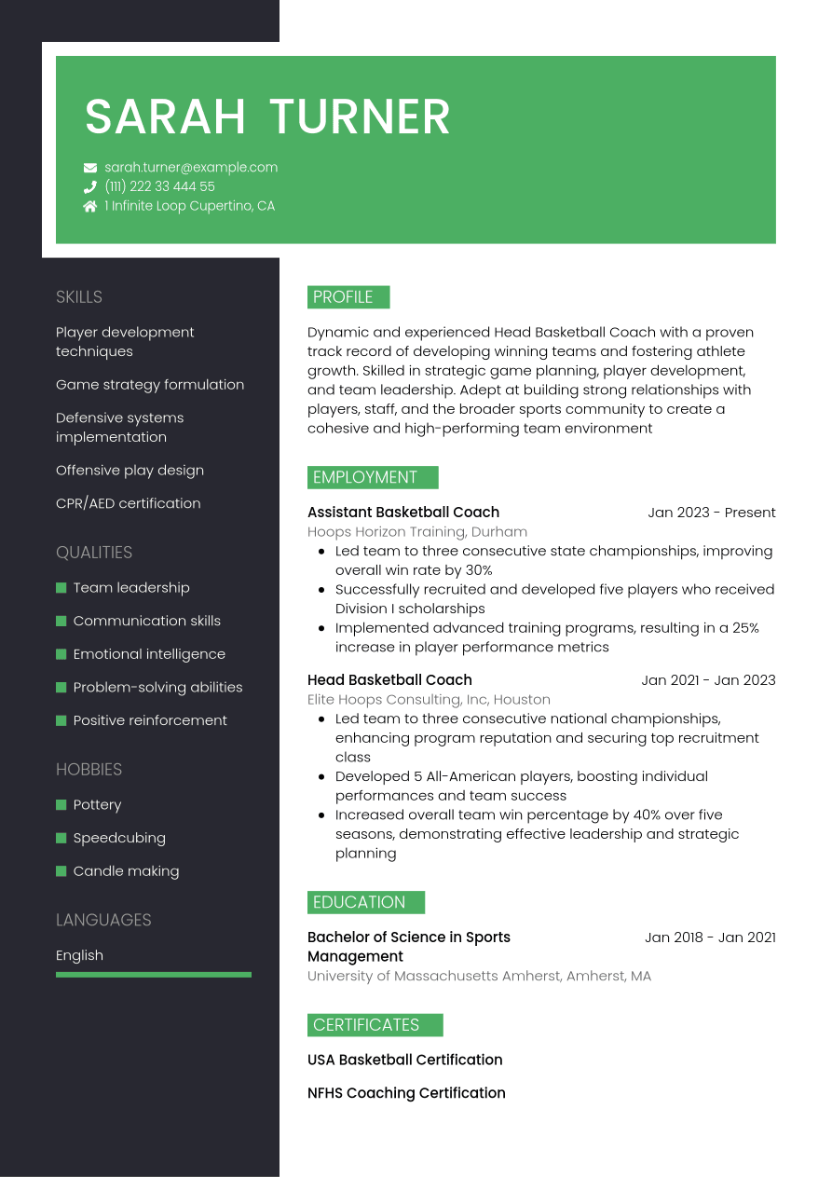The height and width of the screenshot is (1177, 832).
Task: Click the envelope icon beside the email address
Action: pyautogui.click(x=90, y=168)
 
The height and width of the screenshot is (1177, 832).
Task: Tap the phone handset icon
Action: pyautogui.click(x=90, y=186)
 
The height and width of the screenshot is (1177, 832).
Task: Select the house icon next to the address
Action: pyautogui.click(x=90, y=206)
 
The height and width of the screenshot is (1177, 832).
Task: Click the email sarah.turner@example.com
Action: pyautogui.click(x=191, y=168)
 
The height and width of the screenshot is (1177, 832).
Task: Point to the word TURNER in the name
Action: pyautogui.click(x=360, y=117)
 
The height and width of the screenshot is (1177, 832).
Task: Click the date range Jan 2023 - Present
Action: pyautogui.click(x=712, y=513)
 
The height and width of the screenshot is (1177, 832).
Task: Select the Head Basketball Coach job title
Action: pyautogui.click(x=389, y=680)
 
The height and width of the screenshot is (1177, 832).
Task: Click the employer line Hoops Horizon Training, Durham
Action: pyautogui.click(x=416, y=532)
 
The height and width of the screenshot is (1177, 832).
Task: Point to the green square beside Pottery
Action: pyautogui.click(x=61, y=805)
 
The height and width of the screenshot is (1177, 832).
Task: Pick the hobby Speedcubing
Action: pyautogui.click(x=119, y=838)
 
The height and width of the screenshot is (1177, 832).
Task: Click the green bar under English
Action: pyautogui.click(x=154, y=975)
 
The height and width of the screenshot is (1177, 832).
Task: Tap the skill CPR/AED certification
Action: pyautogui.click(x=128, y=503)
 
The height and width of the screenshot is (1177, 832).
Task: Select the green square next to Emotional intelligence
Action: pyautogui.click(x=61, y=654)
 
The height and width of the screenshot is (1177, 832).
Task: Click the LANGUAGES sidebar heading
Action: pyautogui.click(x=103, y=920)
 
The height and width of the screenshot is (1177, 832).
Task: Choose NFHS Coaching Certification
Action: pyautogui.click(x=406, y=1093)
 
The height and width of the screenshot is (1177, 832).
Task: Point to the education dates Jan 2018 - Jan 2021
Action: pyautogui.click(x=710, y=937)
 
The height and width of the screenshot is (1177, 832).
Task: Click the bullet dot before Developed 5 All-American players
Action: pyautogui.click(x=321, y=776)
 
